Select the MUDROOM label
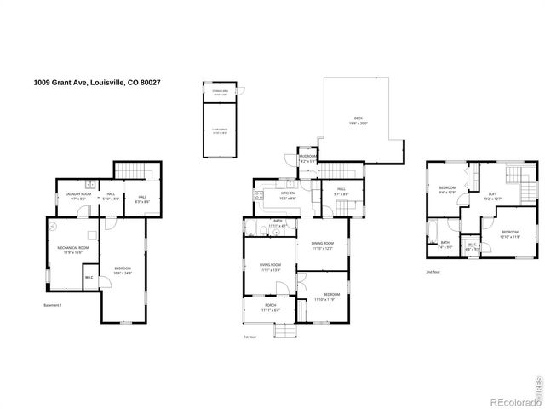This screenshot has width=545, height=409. (307, 157)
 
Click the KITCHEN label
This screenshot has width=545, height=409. (288, 193)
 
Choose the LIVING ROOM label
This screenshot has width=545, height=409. (270, 267)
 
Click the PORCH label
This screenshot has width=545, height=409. (270, 308)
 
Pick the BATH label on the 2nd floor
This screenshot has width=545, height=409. (445, 243)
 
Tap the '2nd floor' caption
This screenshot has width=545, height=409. (433, 272)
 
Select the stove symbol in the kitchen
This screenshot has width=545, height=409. (257, 198)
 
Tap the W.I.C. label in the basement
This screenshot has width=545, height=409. (89, 277)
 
